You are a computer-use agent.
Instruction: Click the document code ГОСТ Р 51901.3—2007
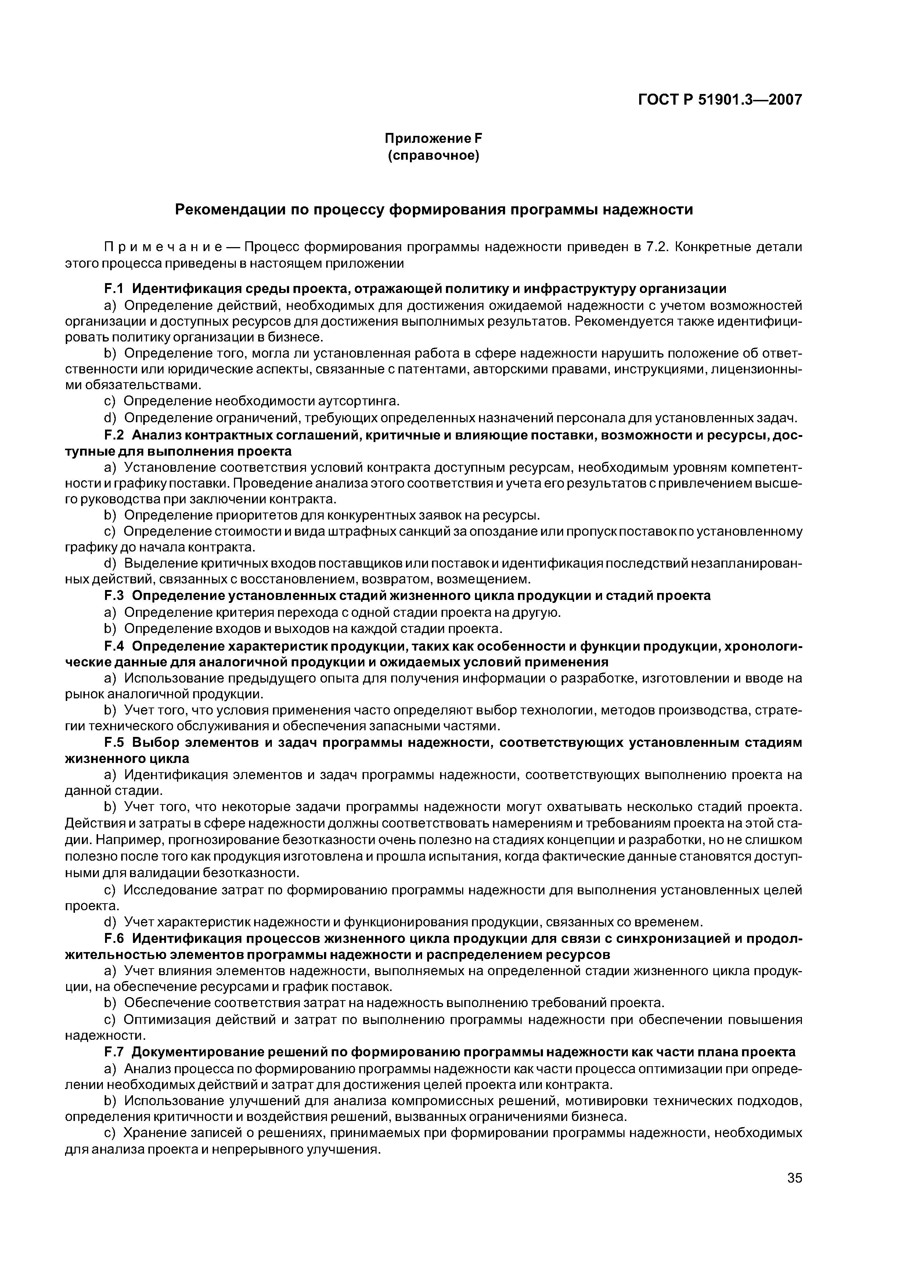coord(720,100)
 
